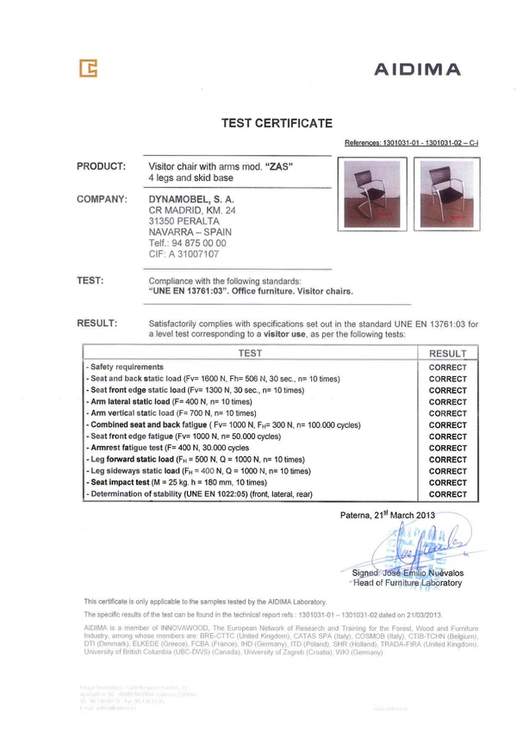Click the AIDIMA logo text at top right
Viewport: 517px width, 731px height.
coord(417,70)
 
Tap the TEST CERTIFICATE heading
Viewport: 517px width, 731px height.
coord(271,123)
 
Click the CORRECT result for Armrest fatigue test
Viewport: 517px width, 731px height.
coord(447,449)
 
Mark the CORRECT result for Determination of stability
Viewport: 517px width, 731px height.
coord(447,495)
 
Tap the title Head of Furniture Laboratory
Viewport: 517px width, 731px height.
coord(408,583)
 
